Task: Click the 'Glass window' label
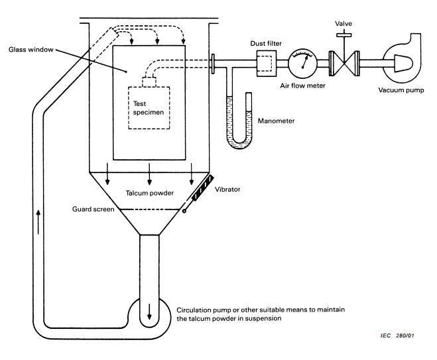point(31,50)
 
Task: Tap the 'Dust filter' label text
point(266,44)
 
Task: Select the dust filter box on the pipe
point(267,64)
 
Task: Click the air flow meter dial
point(302,64)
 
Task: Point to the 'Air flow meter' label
point(302,86)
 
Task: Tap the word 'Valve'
point(343,24)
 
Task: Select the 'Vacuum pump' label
point(401,90)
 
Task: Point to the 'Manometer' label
point(276,121)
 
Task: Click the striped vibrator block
point(203,188)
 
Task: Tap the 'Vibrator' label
point(227,190)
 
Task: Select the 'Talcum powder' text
point(149,193)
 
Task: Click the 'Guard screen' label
point(93,210)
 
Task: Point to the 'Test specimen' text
point(149,108)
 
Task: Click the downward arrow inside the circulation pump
point(149,312)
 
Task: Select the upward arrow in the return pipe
point(38,222)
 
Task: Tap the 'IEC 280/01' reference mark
point(397,335)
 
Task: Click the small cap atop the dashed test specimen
point(149,82)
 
